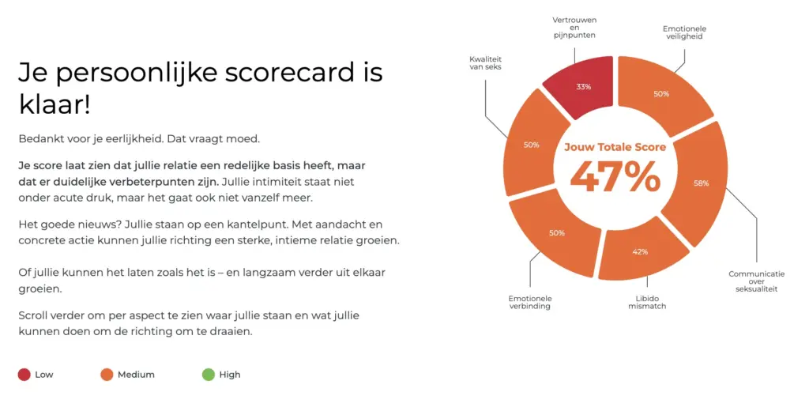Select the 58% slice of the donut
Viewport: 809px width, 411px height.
[x=698, y=183]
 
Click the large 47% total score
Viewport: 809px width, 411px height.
[x=615, y=177]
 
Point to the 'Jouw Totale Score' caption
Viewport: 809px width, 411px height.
[x=615, y=147]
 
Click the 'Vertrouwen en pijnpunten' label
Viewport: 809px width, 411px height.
[x=574, y=28]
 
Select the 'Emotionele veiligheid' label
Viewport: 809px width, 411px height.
[x=685, y=32]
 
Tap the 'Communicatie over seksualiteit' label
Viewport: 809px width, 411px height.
[x=756, y=281]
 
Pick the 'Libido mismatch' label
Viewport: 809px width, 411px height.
[x=647, y=302]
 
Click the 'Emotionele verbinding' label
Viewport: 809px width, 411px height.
[x=530, y=302]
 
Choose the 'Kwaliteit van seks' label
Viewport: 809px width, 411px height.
[x=486, y=63]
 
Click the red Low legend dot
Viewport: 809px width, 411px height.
[x=24, y=375]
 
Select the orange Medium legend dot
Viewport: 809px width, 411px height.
[x=107, y=375]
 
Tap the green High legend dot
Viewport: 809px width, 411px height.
[x=209, y=375]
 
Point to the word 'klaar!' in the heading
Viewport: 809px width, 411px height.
[x=55, y=105]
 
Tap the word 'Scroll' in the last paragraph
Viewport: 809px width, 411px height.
[x=32, y=315]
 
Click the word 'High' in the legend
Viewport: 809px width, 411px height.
[x=230, y=375]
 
